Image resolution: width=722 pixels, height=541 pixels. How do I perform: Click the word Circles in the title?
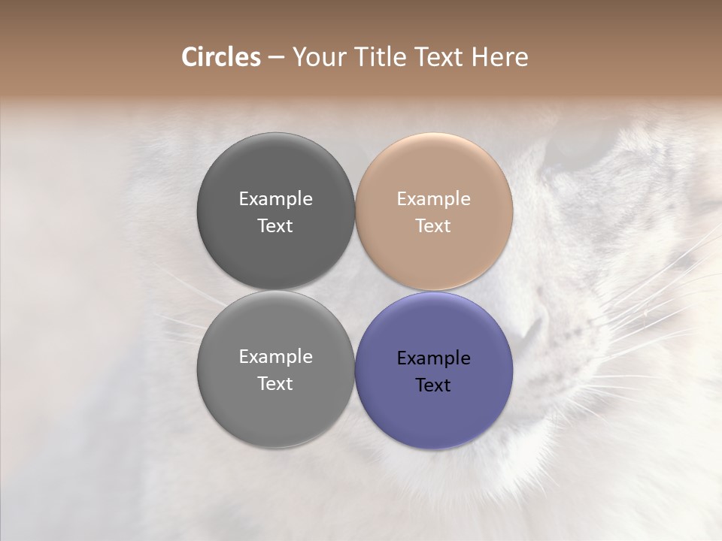tap(220, 57)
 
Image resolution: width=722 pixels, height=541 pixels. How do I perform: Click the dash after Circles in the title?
tap(276, 59)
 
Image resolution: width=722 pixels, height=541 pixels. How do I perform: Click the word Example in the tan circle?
tap(434, 199)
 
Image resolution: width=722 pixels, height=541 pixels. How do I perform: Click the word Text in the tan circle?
tap(433, 226)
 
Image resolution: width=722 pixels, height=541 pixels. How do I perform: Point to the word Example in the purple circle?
tap(434, 358)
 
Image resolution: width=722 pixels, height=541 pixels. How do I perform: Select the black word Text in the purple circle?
tap(433, 385)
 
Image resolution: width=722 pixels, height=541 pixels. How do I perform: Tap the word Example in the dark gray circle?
tap(275, 199)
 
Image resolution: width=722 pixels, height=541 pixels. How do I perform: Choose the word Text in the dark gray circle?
tap(275, 226)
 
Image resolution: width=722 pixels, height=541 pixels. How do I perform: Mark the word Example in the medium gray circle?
tap(275, 357)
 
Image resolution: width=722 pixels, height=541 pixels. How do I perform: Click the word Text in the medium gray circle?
tap(275, 384)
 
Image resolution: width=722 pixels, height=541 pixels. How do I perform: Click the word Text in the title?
tap(439, 57)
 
